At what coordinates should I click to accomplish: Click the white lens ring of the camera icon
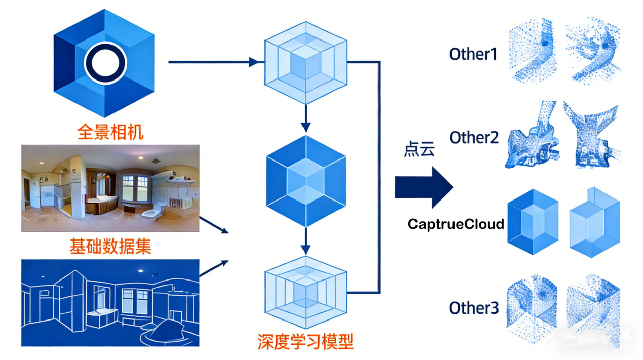tap(104, 62)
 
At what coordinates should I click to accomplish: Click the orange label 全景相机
tap(110, 132)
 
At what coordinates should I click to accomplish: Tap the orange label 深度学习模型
tap(305, 342)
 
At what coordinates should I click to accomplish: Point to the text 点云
tap(419, 150)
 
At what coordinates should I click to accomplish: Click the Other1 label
tap(473, 54)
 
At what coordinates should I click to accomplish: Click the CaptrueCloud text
tap(456, 224)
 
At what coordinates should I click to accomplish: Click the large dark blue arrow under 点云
tap(424, 188)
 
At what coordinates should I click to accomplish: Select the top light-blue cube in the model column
tap(305, 62)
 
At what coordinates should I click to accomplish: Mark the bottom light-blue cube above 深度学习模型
tap(305, 293)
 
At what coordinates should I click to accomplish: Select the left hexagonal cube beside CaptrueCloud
tap(533, 221)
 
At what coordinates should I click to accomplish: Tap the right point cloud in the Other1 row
tap(592, 51)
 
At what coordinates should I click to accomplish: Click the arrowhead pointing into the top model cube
tap(255, 62)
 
